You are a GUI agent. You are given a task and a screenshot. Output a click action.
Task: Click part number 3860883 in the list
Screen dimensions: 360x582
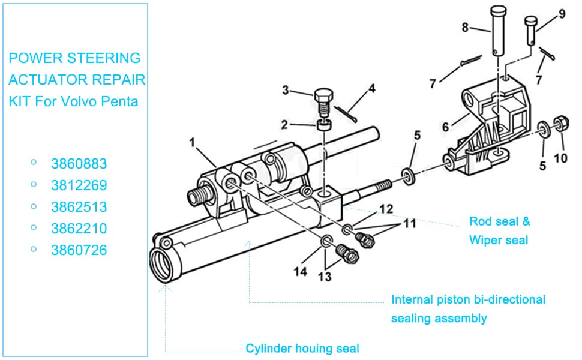(x=79, y=164)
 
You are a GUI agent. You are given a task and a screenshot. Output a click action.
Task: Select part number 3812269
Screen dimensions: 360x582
(x=79, y=185)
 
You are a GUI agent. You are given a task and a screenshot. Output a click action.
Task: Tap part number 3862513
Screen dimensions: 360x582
(x=79, y=207)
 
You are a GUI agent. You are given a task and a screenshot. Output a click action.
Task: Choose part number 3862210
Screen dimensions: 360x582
(x=79, y=229)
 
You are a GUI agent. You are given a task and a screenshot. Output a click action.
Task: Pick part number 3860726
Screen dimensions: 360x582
(x=79, y=250)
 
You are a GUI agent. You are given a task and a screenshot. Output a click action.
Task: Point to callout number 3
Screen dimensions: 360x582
(x=286, y=91)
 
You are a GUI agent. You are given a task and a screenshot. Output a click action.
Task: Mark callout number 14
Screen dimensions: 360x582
(x=301, y=271)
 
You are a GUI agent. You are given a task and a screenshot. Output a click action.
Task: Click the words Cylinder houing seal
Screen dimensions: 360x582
(x=302, y=348)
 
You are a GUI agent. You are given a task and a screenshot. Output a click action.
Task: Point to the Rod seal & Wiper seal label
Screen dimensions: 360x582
(x=499, y=230)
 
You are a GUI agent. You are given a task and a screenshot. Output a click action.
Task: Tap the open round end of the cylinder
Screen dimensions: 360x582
(x=163, y=265)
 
